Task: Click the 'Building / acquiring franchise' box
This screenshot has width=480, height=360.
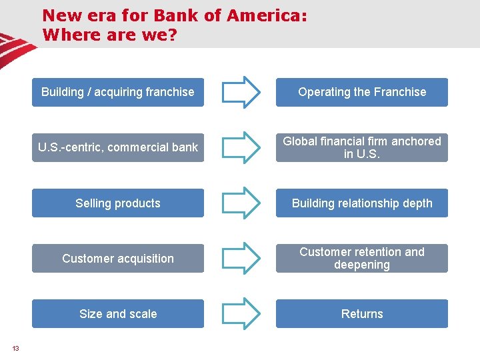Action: [x=118, y=92]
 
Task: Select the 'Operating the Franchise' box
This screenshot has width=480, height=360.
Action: [x=362, y=92]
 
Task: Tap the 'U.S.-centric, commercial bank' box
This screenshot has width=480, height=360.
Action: [x=118, y=147]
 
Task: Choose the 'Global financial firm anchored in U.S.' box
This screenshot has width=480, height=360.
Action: [x=362, y=147]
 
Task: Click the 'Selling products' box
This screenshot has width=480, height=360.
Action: [x=118, y=203]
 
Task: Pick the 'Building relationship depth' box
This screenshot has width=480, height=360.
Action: [x=362, y=203]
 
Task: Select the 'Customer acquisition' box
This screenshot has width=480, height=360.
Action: [x=118, y=259]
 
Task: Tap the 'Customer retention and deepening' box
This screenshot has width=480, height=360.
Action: [x=362, y=259]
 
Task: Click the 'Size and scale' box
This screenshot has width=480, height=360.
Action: [x=118, y=314]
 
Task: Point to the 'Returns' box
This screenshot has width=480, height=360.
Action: [x=362, y=314]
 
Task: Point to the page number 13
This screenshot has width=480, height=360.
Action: [x=15, y=348]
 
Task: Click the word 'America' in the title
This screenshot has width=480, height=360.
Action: [x=265, y=15]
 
